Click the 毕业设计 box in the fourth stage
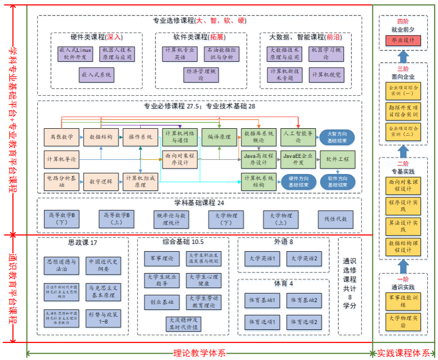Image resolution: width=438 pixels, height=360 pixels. click(x=403, y=40)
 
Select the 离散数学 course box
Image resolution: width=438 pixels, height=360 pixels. click(x=62, y=137)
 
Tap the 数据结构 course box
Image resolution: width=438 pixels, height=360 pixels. click(x=101, y=137)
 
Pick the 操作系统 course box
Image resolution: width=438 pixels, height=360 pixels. click(x=140, y=137)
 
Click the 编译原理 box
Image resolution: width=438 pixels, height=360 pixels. click(x=219, y=137)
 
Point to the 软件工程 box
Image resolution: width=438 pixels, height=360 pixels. click(x=337, y=159)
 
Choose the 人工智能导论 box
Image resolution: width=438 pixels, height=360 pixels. click(x=298, y=137)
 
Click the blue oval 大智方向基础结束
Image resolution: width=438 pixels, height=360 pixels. click(x=337, y=137)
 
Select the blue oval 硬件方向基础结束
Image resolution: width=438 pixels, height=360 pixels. click(x=298, y=182)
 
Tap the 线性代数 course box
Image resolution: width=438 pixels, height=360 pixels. click(x=336, y=219)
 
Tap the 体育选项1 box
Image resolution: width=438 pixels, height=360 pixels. click(x=262, y=322)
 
